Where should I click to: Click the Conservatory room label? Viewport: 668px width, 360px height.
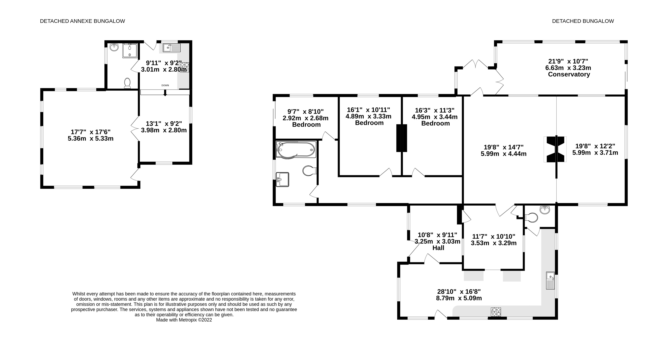coord(569,74)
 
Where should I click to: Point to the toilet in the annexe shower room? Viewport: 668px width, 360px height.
coord(127,83)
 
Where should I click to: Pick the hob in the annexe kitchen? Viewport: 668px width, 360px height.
coord(184,67)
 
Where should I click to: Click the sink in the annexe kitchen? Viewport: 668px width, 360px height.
coord(172,48)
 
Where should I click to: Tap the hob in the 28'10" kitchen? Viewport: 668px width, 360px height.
coord(496,312)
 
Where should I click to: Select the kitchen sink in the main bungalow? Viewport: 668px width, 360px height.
coord(550,280)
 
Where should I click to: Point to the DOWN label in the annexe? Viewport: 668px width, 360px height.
coord(165,85)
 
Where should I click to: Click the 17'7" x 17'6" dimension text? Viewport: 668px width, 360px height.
coord(90,132)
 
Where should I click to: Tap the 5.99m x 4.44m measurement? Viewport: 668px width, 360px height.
coord(504,154)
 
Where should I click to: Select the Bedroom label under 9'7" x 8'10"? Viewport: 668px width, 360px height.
coord(306,125)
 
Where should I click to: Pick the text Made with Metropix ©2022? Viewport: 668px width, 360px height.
coord(184,320)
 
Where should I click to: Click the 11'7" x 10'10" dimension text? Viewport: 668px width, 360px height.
coord(494,237)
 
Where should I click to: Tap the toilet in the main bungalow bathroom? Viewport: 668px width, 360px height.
coord(309,171)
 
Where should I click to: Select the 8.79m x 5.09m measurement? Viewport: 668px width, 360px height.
coord(459,298)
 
